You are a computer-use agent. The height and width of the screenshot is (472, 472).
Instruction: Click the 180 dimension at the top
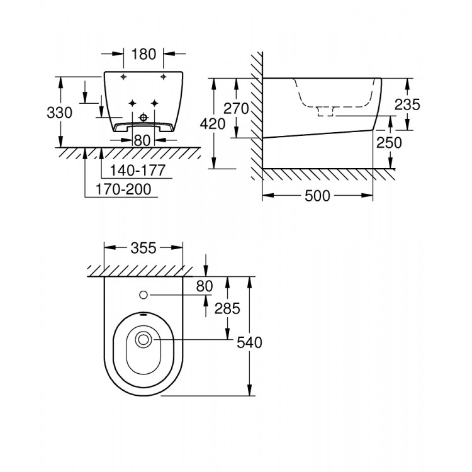point(143,54)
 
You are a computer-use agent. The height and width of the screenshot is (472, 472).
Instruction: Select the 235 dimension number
point(407,105)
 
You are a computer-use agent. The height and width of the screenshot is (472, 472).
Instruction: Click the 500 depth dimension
point(317,196)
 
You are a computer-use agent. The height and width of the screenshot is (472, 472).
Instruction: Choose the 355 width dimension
point(144,247)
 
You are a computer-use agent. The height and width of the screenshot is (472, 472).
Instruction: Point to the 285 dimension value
point(227,308)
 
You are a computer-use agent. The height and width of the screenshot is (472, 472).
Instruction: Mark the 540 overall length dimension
point(250,342)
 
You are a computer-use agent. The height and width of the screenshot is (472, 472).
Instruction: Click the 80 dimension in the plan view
point(205,286)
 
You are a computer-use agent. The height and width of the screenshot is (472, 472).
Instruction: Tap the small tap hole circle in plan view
point(143,295)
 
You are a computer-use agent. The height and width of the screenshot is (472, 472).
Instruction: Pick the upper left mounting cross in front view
point(123,77)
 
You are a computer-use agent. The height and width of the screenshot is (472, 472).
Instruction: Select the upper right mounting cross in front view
point(163,77)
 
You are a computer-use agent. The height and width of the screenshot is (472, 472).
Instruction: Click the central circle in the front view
point(143,117)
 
